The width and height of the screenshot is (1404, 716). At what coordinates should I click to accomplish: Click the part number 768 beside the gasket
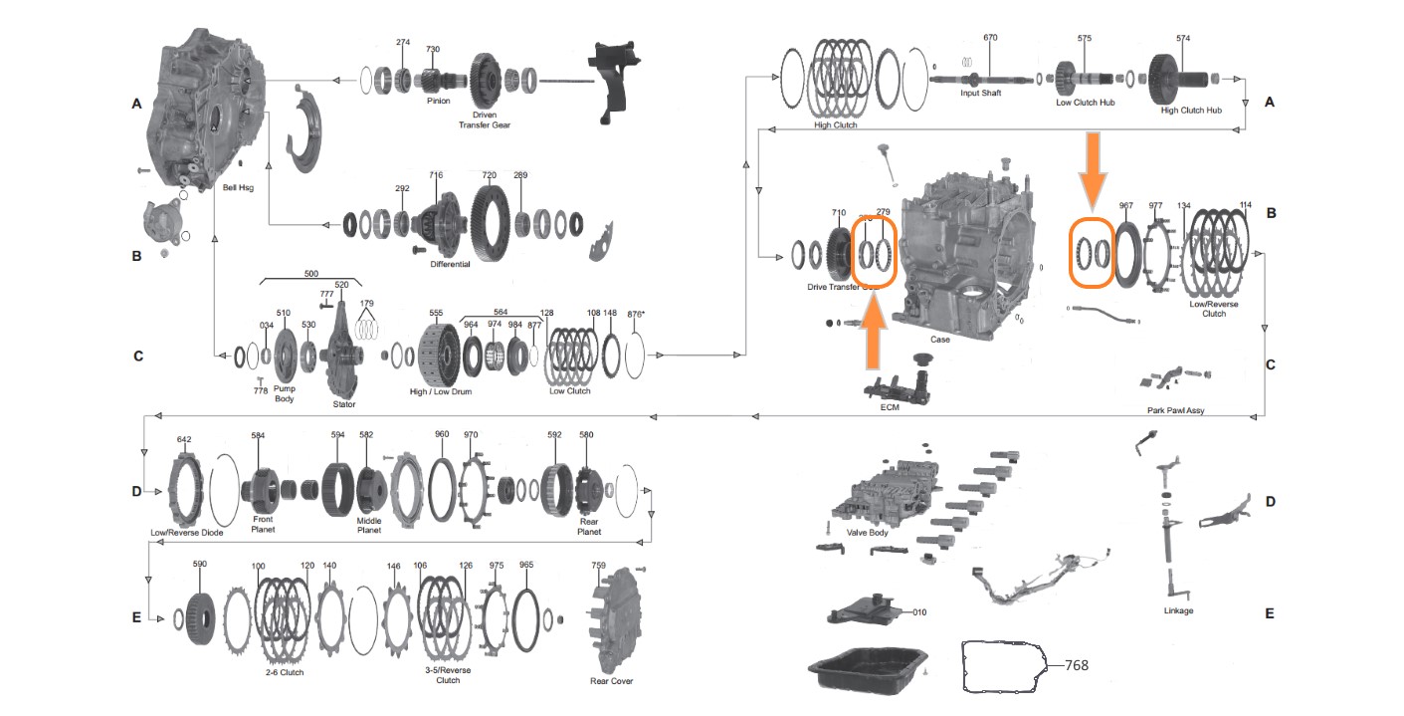[1078, 664]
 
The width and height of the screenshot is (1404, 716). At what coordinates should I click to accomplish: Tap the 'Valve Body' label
[867, 533]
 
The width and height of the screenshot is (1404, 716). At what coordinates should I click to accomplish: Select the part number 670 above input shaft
[989, 38]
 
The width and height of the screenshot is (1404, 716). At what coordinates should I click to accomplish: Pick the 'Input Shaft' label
[980, 94]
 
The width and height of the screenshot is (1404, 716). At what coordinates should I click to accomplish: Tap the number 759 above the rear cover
[598, 566]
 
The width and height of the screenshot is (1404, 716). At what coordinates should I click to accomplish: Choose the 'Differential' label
[450, 264]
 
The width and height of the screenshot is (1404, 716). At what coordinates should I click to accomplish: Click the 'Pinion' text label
[439, 101]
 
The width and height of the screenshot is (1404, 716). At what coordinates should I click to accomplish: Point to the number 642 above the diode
[184, 439]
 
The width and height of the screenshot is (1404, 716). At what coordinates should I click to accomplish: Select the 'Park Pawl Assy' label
[1174, 410]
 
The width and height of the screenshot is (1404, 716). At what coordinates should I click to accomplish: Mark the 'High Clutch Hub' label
[1191, 111]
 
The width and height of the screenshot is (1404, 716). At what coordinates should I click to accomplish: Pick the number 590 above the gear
[199, 564]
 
